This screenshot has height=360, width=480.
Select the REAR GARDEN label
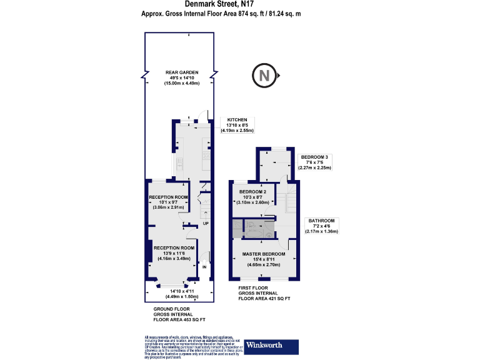tap(182, 72)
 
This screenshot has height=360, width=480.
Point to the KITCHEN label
tap(237, 119)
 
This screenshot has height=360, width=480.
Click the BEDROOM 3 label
tap(314, 156)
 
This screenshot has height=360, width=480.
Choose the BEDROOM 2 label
tap(253, 191)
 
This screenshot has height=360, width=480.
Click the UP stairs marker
tap(205, 222)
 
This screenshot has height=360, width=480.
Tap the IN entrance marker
tap(204, 267)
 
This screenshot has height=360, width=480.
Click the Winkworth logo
tap(264, 344)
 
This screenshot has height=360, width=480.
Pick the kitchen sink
tap(179, 164)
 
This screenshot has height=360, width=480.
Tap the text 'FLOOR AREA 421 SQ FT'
tap(264, 299)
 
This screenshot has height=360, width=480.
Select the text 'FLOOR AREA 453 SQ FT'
tap(179, 319)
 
